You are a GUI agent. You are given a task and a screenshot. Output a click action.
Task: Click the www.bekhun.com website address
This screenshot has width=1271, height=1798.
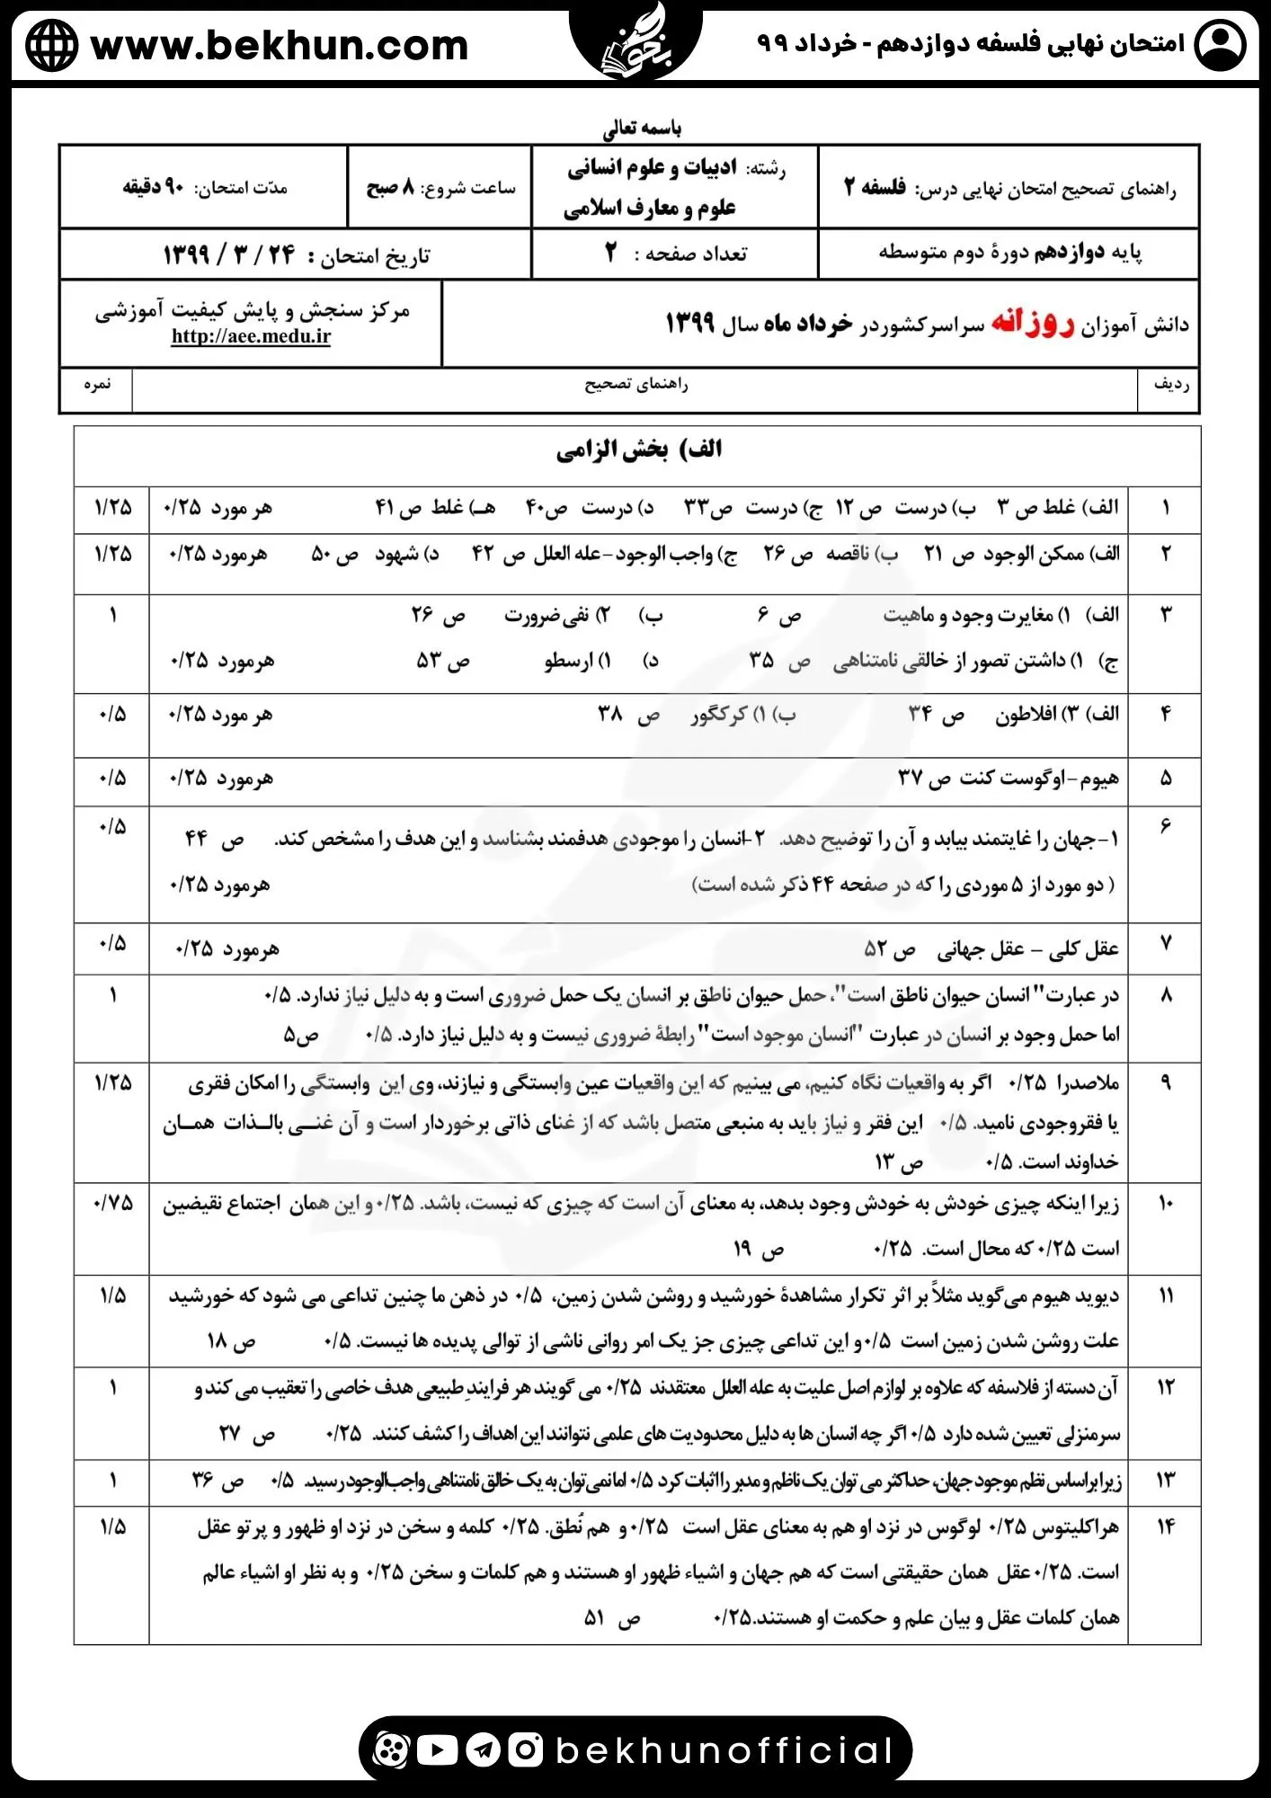point(279,45)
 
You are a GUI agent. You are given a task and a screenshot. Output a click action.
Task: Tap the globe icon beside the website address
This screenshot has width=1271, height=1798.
point(51,45)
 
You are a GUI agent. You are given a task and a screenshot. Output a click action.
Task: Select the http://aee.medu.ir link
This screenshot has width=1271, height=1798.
point(251,336)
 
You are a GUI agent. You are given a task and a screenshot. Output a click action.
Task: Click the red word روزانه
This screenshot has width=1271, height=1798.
point(1033,323)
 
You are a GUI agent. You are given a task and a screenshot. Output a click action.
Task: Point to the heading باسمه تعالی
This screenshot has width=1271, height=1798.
point(642,128)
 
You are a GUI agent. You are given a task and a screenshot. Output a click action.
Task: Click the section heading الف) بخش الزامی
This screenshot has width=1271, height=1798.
point(638,449)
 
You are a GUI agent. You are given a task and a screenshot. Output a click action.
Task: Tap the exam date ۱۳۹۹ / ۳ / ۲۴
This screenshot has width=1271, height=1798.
point(229,255)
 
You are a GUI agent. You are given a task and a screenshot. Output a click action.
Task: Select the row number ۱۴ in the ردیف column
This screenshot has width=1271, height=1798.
point(1165,1527)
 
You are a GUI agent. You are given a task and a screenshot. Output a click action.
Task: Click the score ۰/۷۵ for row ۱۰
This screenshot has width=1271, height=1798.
point(113,1203)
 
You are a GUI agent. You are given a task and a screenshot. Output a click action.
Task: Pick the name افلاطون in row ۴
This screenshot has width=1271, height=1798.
point(1025,715)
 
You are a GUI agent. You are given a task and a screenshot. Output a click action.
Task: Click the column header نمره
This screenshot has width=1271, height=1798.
point(96,385)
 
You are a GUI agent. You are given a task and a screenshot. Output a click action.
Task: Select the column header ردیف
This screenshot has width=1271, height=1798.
point(1169,385)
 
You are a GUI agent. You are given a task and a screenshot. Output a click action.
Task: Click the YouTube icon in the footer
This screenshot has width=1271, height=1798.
point(437,1749)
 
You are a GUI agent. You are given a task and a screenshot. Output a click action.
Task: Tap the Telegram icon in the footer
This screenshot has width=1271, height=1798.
point(484,1749)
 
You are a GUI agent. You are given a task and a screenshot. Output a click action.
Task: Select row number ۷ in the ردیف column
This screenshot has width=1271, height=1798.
point(1166,944)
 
